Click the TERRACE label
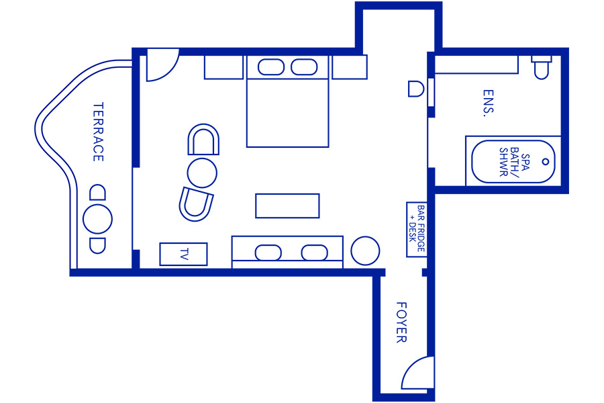[x=99, y=132]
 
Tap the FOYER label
[x=401, y=322]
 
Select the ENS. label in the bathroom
[x=488, y=103]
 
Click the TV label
[x=184, y=254]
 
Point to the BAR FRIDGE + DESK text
[x=417, y=228]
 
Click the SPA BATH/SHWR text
[x=514, y=162]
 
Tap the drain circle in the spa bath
[x=546, y=162]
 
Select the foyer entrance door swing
[x=417, y=373]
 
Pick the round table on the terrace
[x=97, y=219]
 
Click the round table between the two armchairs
[x=202, y=173]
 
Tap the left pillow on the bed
[x=271, y=67]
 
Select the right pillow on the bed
[x=304, y=67]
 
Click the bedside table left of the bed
[x=223, y=67]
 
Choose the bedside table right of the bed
[x=350, y=67]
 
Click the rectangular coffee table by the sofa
[x=287, y=206]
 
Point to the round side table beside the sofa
[x=365, y=251]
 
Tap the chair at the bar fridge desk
[x=416, y=89]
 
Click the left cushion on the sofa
[x=268, y=253]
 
